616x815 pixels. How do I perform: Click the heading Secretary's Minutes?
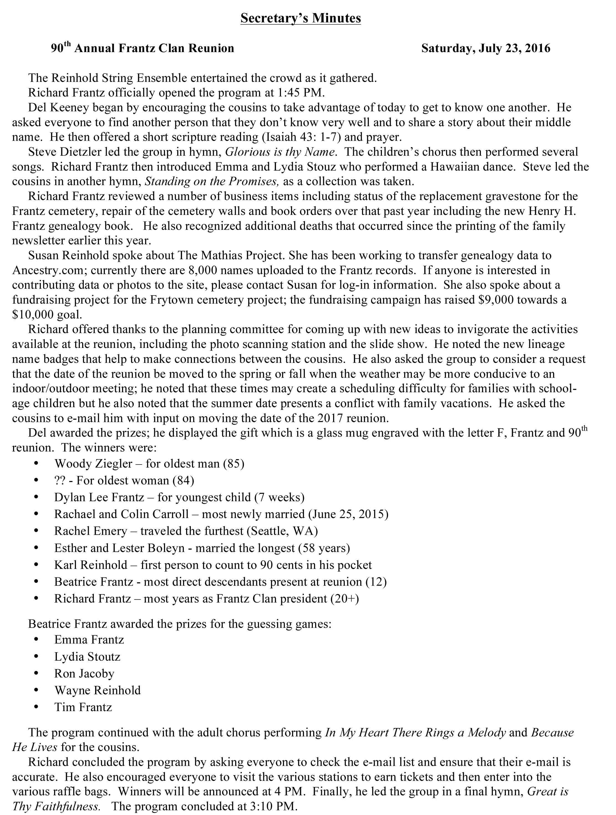[x=301, y=18]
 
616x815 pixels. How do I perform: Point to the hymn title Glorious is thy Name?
[x=280, y=152]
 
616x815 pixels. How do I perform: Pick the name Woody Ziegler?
[x=93, y=463]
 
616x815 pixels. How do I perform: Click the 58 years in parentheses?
[x=322, y=548]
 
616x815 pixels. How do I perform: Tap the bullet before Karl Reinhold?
[x=36, y=565]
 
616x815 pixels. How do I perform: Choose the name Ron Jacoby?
[x=84, y=673]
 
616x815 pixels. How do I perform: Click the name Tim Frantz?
[x=83, y=707]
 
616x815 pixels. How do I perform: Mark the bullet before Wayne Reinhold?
[x=36, y=690]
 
